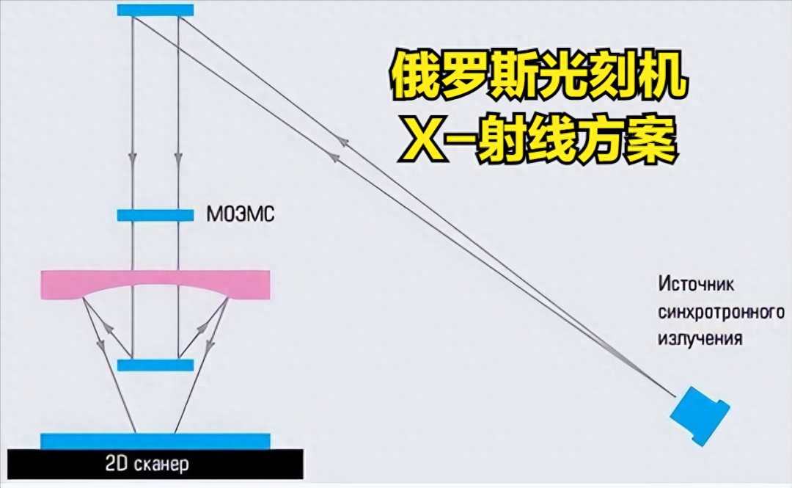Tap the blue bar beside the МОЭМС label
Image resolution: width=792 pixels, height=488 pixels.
pyautogui.click(x=155, y=216)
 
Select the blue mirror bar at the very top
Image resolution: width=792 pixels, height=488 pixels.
pyautogui.click(x=155, y=10)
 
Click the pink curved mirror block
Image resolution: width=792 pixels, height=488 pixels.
pyautogui.click(x=155, y=282)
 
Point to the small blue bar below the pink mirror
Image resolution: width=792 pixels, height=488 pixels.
pyautogui.click(x=155, y=365)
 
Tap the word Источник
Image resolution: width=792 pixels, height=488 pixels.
pyautogui.click(x=695, y=283)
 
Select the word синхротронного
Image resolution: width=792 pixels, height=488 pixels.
pyautogui.click(x=722, y=312)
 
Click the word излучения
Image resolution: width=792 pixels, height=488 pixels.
pyautogui.click(x=700, y=339)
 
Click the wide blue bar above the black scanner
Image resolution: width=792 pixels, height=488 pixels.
pyautogui.click(x=155, y=441)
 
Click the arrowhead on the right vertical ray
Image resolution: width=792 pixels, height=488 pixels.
pyautogui.click(x=178, y=156)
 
